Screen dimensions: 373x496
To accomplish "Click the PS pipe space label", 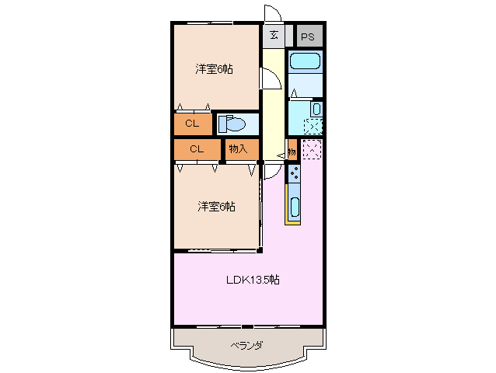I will tap(309, 37).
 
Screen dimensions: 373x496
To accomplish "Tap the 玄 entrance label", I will tap(274, 36).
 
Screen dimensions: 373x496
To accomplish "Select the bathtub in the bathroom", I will tap(305, 61).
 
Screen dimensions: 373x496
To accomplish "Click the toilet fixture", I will tap(232, 124).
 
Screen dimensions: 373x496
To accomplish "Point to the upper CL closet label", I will tap(191, 123).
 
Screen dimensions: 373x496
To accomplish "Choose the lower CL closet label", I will tap(195, 148).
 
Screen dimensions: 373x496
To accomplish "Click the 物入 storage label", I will tap(238, 148).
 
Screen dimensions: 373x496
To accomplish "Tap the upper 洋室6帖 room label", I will tap(215, 69).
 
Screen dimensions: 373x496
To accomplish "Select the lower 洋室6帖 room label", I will tap(216, 206).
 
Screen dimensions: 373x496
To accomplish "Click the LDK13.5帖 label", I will tap(253, 280).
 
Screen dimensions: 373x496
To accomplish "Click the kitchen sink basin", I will tap(295, 207).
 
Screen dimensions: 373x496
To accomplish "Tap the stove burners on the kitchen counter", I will tap(294, 176).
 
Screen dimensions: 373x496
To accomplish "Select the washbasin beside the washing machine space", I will tap(316, 109).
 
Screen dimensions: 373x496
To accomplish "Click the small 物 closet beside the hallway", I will tap(291, 151).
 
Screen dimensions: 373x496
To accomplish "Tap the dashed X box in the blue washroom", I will tap(312, 127).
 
